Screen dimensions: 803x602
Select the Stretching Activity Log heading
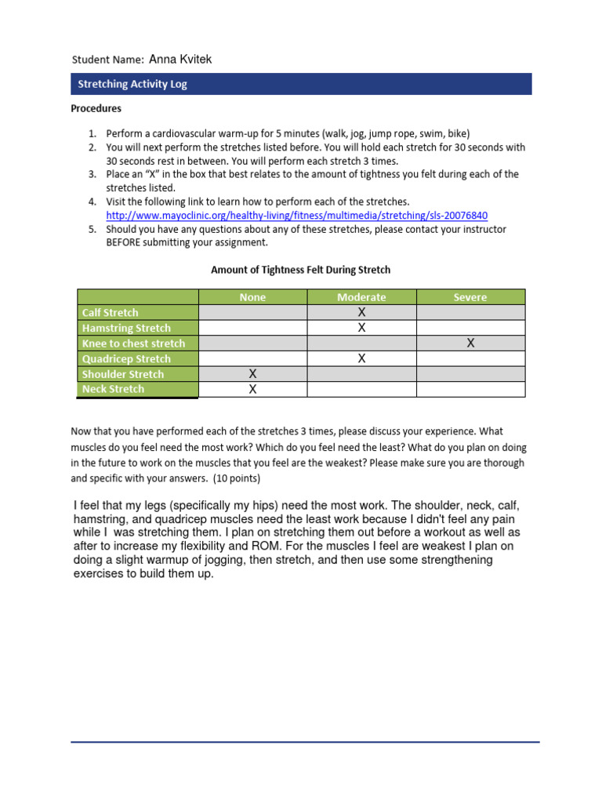(x=132, y=84)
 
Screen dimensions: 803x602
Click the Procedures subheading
(x=96, y=108)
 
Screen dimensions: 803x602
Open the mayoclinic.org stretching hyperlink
(x=297, y=216)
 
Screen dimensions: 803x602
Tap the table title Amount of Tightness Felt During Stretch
(x=300, y=270)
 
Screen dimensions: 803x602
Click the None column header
(x=252, y=297)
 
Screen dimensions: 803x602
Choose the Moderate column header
(x=361, y=297)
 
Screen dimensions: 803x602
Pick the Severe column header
(x=470, y=297)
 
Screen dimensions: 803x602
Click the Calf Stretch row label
(x=111, y=313)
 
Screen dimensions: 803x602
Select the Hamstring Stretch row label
(x=126, y=328)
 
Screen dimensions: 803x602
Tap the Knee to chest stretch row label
(x=134, y=343)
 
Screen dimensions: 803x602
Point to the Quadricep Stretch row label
(x=126, y=359)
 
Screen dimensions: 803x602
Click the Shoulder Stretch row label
(x=123, y=374)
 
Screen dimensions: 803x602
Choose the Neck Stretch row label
(x=114, y=389)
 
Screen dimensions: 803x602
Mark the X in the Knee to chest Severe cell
(x=470, y=343)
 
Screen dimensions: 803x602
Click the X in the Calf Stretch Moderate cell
(x=361, y=313)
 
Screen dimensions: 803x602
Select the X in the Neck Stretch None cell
(x=252, y=390)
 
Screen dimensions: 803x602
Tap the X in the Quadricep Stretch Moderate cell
(x=361, y=359)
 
